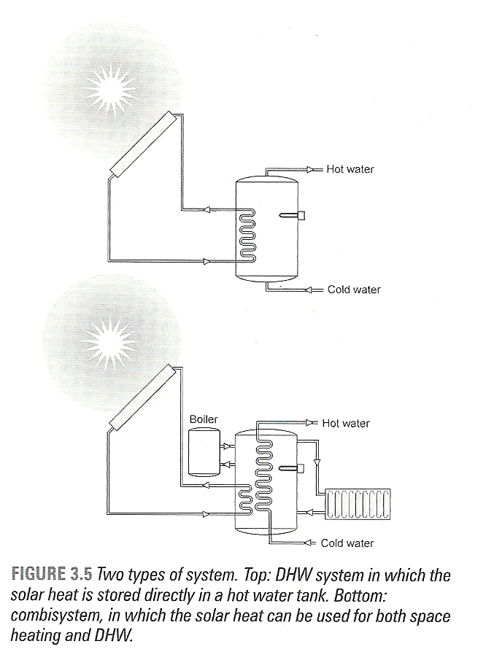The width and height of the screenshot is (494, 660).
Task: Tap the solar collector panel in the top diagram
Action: click(x=143, y=144)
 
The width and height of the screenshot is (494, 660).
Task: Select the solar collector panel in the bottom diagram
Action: click(x=142, y=397)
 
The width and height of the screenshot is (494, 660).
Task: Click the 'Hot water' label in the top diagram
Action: click(x=350, y=169)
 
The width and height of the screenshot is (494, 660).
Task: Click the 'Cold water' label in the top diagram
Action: click(x=354, y=290)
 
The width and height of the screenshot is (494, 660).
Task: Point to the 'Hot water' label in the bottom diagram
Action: click(x=346, y=423)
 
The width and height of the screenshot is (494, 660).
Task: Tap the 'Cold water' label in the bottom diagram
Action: click(x=347, y=543)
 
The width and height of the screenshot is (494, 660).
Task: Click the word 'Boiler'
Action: click(x=204, y=419)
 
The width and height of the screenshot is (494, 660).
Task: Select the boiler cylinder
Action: click(x=204, y=452)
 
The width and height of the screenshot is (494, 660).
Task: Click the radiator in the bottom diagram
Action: click(x=358, y=504)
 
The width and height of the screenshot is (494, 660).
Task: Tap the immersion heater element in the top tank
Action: click(x=292, y=216)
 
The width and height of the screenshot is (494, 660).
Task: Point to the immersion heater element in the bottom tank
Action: click(x=291, y=467)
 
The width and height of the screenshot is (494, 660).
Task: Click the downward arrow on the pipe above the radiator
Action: click(x=318, y=462)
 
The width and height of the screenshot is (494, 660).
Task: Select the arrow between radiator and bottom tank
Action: click(x=309, y=512)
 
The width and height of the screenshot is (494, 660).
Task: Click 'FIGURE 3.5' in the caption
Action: click(x=51, y=574)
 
